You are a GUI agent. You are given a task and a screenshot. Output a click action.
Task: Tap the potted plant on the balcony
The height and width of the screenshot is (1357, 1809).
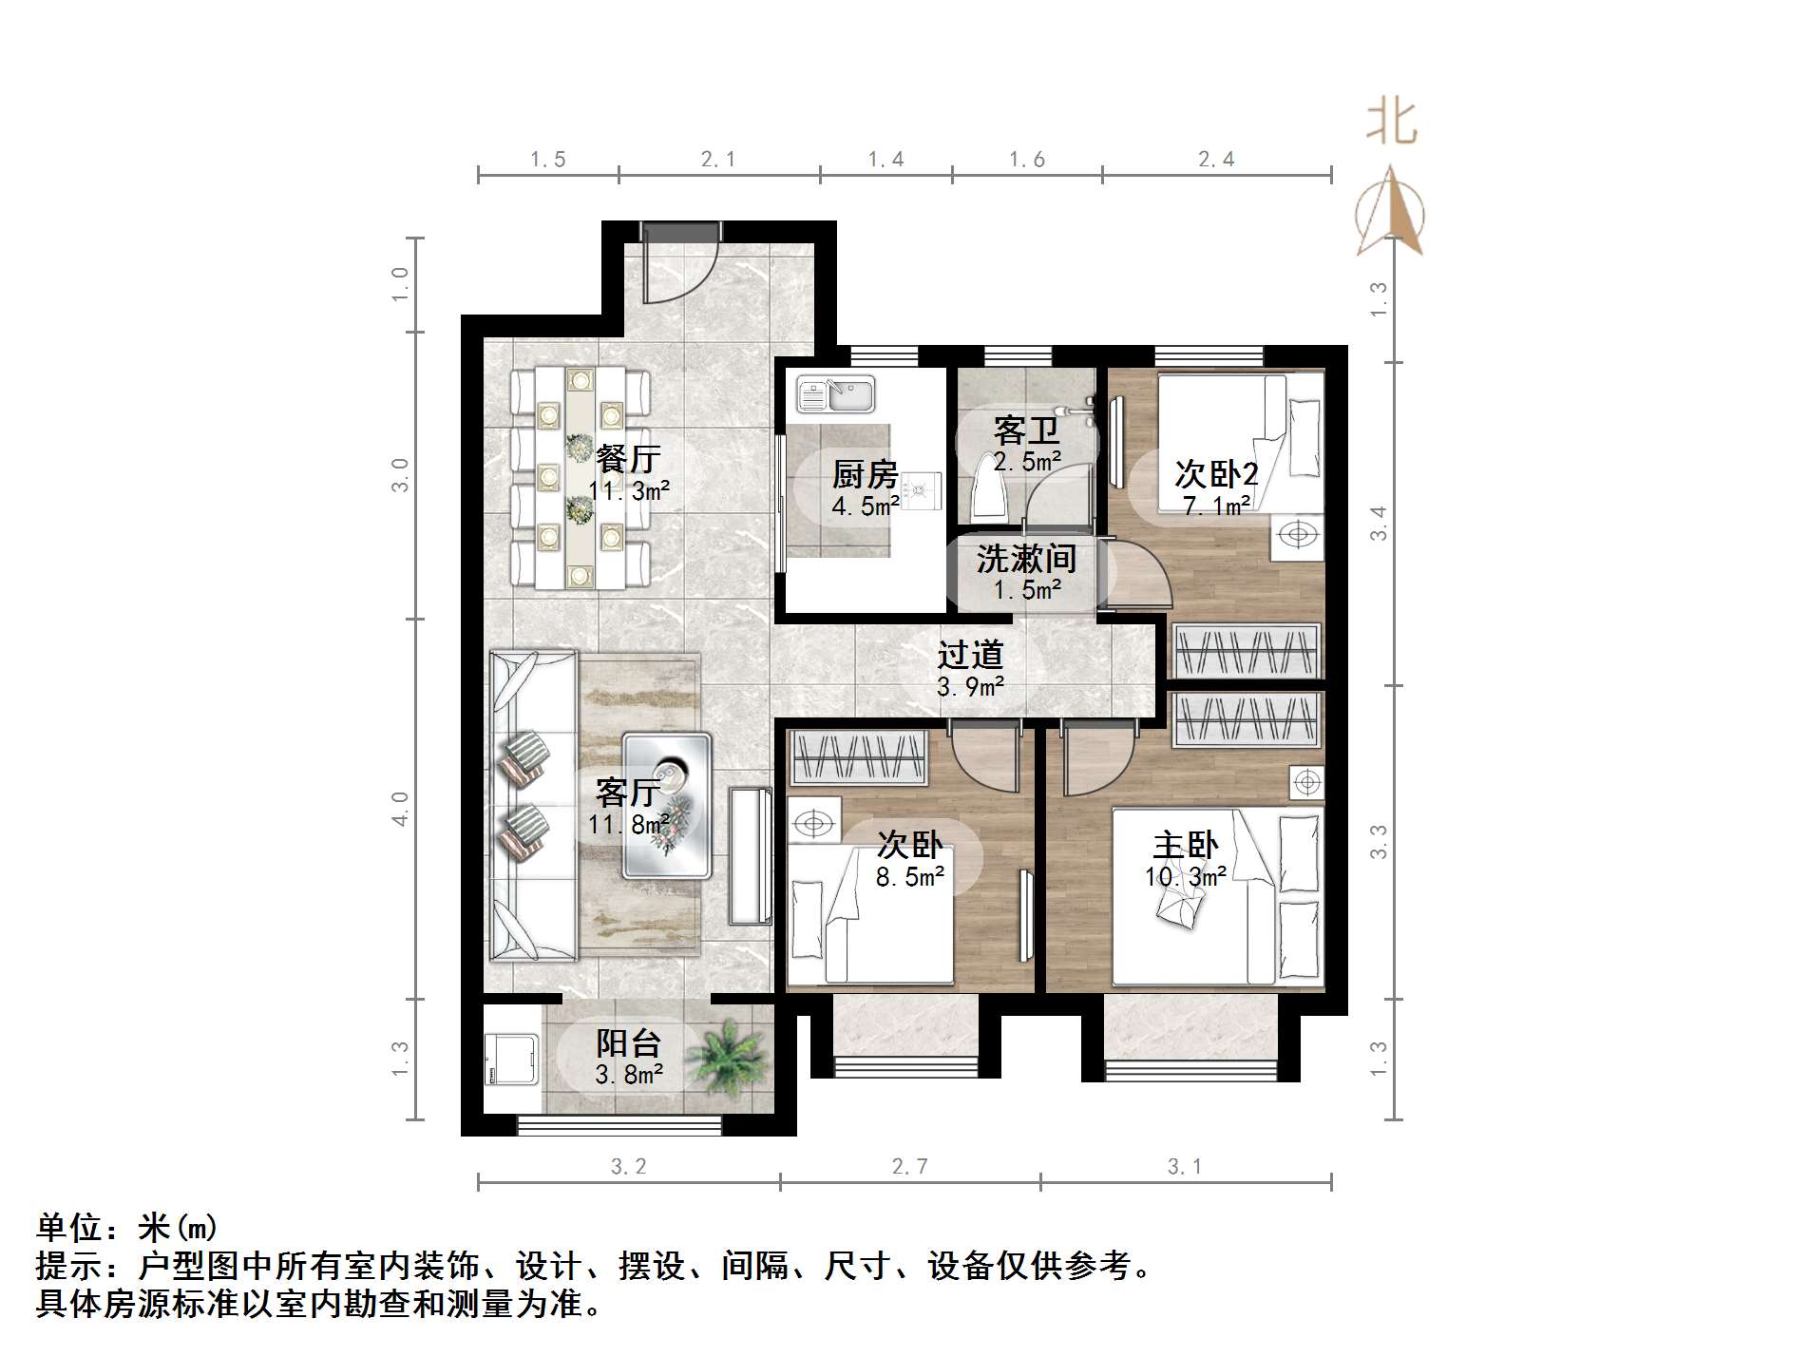point(728,1054)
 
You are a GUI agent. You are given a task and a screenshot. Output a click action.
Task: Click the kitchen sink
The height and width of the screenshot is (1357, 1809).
point(835,394)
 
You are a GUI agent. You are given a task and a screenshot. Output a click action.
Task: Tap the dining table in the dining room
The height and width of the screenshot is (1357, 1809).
point(580,477)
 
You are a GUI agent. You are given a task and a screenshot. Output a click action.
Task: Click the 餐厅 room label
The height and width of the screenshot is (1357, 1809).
point(628,459)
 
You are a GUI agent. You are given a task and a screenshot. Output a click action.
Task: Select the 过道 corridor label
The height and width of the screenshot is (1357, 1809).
point(970,654)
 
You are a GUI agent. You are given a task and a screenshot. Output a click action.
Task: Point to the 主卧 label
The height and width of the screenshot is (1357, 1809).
point(1185,845)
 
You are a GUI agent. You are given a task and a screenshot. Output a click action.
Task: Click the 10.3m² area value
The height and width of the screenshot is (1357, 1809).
point(1185,877)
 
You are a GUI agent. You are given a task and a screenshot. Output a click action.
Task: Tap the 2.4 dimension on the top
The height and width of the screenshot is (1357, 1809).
point(1216,160)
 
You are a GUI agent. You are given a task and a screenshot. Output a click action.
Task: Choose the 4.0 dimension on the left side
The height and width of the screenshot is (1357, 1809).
point(401,808)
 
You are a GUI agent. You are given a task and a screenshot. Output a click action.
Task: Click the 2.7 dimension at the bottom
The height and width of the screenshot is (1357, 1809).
point(909,1166)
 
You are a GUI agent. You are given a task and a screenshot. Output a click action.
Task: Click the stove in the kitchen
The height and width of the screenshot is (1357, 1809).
point(918,490)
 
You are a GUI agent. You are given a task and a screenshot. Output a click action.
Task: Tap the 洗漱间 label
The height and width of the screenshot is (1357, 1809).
point(1026,558)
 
